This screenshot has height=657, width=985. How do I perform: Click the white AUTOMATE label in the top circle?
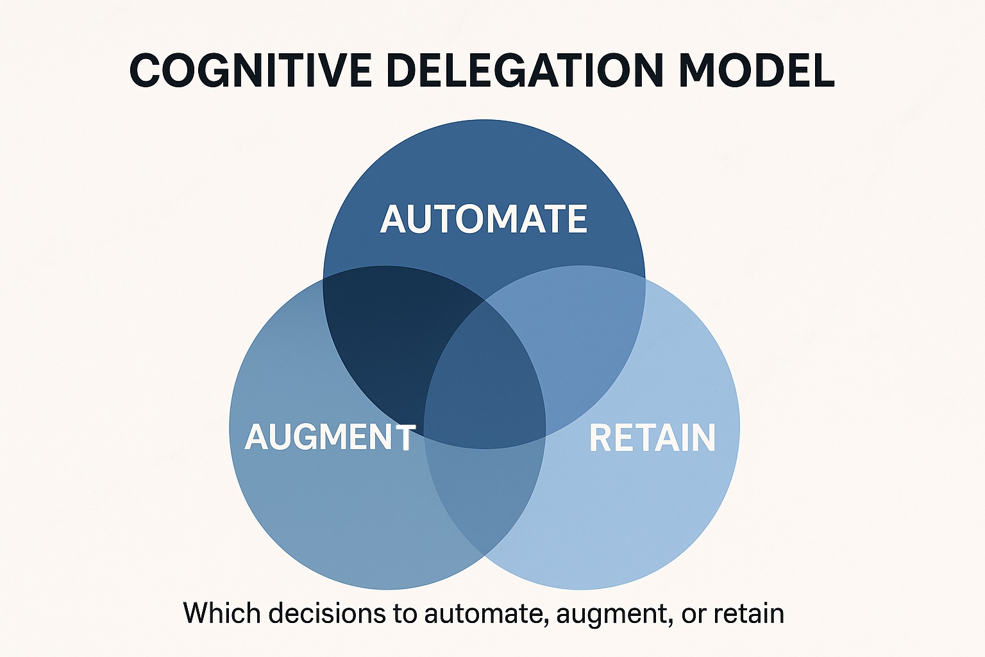click(x=484, y=219)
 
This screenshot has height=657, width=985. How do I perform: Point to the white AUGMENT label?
click(x=330, y=438)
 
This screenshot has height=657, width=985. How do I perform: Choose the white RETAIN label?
click(x=652, y=438)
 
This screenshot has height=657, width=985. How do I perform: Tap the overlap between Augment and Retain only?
click(x=485, y=494)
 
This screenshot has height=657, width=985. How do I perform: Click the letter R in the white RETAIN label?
click(x=600, y=438)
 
